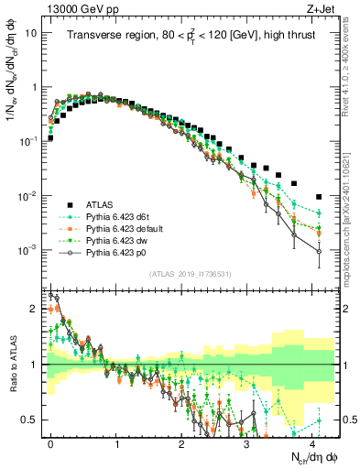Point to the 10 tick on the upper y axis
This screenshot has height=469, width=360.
coord(31,33)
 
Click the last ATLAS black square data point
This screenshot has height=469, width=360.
coord(318,197)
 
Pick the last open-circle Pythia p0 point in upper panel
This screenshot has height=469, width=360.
coord(318,252)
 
